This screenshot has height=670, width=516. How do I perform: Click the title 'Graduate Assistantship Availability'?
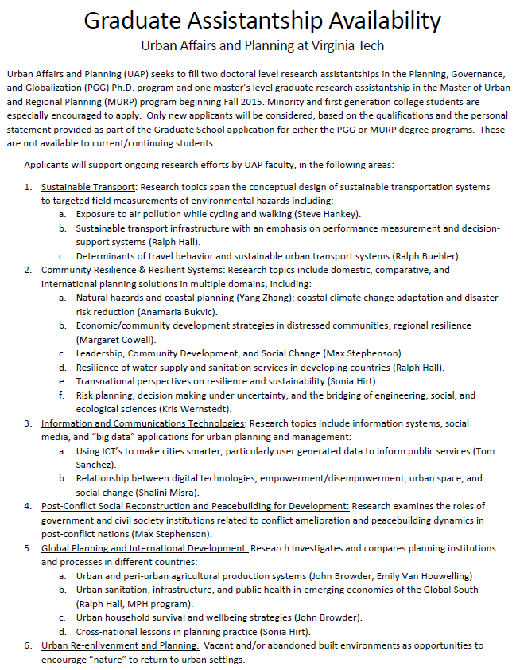point(262,21)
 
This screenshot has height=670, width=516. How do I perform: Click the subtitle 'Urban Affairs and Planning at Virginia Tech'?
point(262,46)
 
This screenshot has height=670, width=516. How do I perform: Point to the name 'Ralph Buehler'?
point(429,255)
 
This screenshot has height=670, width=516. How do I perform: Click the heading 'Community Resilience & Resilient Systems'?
point(132,270)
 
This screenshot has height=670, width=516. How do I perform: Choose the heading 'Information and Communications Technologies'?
point(142,423)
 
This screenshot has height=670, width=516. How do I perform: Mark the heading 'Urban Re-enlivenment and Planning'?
point(118,645)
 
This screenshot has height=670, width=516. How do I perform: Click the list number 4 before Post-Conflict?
point(28,506)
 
